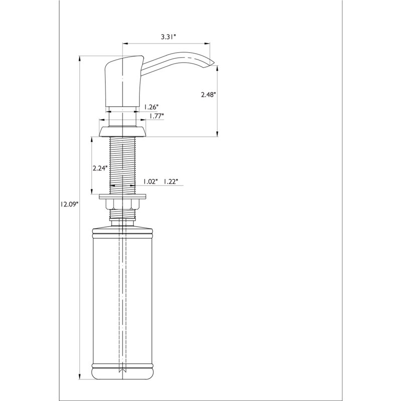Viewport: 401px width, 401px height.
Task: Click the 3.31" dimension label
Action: (x=169, y=37)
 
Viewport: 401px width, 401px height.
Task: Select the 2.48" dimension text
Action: (x=209, y=95)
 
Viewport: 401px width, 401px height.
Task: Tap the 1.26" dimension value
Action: (x=151, y=106)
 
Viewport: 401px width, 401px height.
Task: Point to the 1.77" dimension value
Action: (x=156, y=116)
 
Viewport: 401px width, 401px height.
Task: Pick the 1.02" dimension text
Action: (x=150, y=181)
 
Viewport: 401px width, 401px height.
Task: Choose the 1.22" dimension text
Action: (x=170, y=181)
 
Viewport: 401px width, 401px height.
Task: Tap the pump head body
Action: (x=123, y=82)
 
